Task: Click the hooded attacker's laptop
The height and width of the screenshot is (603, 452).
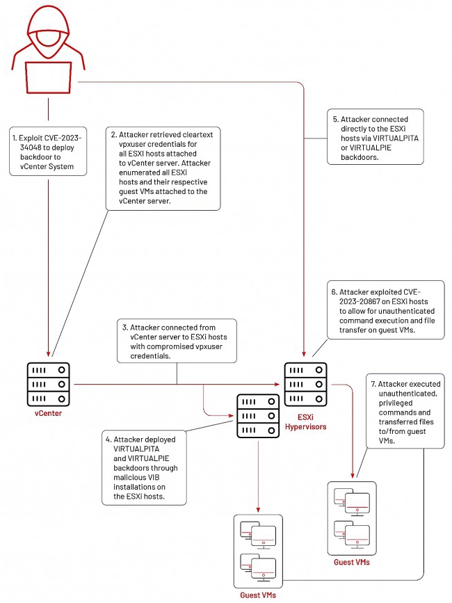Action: click(x=49, y=77)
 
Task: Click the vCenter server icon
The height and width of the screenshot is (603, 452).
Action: click(x=49, y=384)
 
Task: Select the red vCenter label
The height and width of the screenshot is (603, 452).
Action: click(x=48, y=413)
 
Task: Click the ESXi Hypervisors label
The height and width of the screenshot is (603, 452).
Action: click(x=305, y=422)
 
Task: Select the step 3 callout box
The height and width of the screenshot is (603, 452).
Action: click(x=177, y=341)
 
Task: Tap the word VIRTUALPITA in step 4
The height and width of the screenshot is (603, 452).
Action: click(x=136, y=449)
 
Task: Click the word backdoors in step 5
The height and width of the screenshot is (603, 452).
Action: click(x=360, y=157)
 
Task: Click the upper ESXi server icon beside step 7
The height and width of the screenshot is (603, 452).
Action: click(x=305, y=384)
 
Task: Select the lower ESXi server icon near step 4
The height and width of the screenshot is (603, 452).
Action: click(x=258, y=416)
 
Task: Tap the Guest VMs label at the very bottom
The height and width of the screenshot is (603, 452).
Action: click(x=258, y=595)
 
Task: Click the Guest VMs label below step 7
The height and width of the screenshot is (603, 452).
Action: click(x=352, y=562)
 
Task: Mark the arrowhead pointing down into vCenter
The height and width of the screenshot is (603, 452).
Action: click(x=49, y=354)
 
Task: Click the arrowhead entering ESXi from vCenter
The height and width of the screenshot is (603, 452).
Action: click(x=277, y=384)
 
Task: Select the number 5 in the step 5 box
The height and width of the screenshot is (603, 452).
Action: click(x=334, y=119)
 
